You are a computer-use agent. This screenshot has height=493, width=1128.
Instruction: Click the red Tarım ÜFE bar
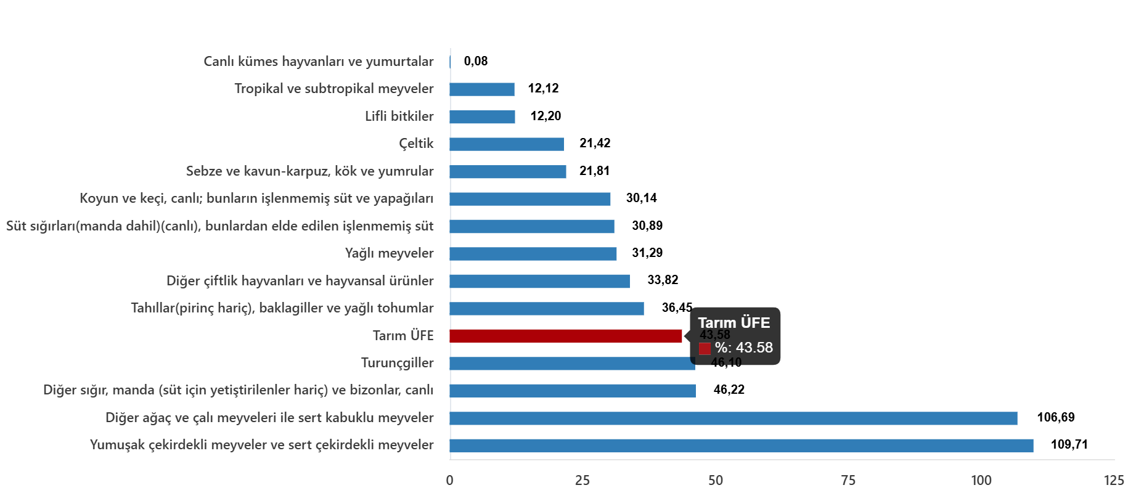(566, 336)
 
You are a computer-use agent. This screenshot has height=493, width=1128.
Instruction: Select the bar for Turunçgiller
(572, 364)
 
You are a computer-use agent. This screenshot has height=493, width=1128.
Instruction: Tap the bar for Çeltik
(507, 144)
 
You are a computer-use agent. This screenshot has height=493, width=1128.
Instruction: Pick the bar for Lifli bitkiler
(482, 117)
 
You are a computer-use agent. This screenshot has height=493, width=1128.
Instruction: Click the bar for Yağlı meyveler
(533, 254)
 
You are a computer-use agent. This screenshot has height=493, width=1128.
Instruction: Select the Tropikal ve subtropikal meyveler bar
(482, 89)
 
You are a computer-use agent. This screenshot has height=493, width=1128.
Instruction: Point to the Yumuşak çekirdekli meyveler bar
(742, 446)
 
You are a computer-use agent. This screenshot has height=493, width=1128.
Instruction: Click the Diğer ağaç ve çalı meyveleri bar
(734, 418)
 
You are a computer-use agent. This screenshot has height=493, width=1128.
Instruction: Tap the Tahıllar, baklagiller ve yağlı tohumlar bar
(547, 309)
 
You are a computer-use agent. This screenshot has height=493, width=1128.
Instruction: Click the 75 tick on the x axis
(848, 481)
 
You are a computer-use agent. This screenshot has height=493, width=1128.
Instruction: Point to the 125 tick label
(1114, 481)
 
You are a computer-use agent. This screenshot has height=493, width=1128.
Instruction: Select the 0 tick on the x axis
(450, 481)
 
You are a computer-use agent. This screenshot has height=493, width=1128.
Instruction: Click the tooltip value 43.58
(754, 348)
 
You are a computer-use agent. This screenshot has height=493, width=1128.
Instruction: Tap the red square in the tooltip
(705, 348)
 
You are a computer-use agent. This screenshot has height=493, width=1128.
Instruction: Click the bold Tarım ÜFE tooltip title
(734, 323)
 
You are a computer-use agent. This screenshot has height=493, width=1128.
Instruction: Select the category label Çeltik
(416, 144)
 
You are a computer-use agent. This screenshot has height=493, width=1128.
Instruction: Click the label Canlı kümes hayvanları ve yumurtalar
(318, 62)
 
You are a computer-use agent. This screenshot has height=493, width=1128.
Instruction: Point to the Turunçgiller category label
(397, 363)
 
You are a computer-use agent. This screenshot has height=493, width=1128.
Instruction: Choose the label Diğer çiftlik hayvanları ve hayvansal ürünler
(300, 281)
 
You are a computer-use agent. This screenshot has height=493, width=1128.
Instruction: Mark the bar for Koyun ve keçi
(530, 199)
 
